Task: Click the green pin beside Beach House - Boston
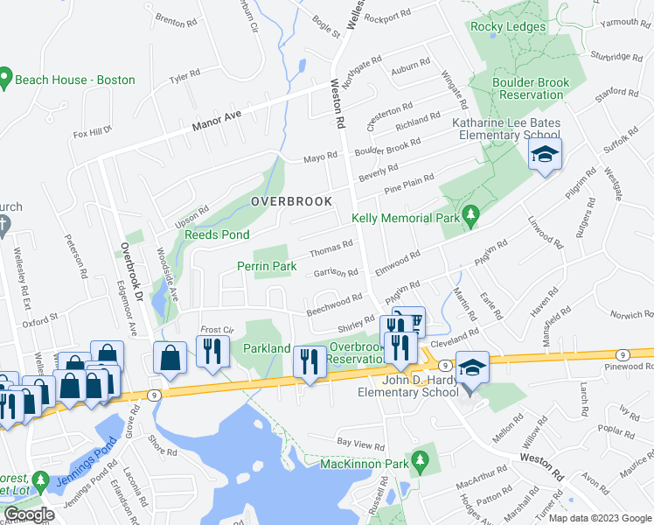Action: coord(5,80)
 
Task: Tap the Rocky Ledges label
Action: coord(508,26)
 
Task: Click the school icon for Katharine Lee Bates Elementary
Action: coord(545,156)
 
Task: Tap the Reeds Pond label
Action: coord(216,234)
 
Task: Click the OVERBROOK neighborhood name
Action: coord(291,201)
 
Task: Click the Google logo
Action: coord(29,514)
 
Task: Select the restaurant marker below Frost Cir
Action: coord(212,351)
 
